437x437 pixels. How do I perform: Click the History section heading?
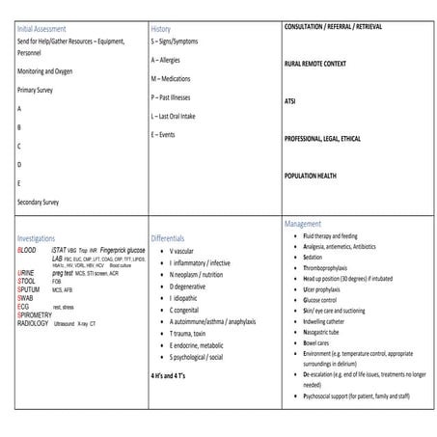[x=162, y=29]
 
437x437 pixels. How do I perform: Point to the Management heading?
[x=306, y=223]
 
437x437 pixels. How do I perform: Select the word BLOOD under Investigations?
[x=29, y=249]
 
